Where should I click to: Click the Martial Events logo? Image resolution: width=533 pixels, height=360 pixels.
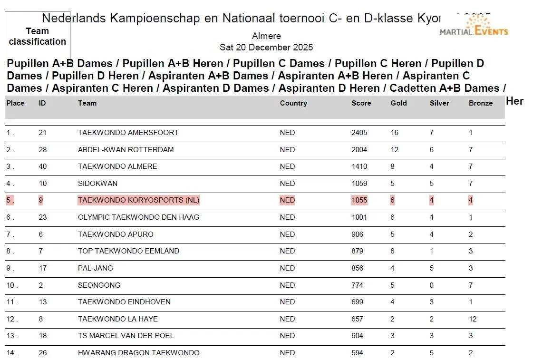[x=474, y=26]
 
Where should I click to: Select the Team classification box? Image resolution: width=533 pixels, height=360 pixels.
[x=38, y=37]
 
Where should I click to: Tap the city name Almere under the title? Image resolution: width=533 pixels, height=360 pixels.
[x=266, y=36]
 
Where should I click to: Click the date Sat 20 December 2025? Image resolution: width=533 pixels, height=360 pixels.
[x=266, y=48]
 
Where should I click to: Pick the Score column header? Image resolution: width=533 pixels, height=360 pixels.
[x=361, y=103]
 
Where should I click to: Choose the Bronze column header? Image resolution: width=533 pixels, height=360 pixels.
[x=481, y=103]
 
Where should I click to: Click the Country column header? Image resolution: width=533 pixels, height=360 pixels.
[x=293, y=103]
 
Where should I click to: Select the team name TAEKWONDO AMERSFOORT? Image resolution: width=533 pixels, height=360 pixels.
[x=128, y=133]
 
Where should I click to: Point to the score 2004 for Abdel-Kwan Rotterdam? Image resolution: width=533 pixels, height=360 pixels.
[x=359, y=150]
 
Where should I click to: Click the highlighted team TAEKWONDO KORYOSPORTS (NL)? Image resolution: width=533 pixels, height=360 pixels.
[x=138, y=200]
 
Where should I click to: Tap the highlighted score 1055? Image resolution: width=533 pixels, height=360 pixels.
[x=359, y=200]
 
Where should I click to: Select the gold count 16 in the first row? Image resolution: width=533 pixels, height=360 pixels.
[x=394, y=133]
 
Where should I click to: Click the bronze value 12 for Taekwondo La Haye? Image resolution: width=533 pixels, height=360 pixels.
[x=472, y=319]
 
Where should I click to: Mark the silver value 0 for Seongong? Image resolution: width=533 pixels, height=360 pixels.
[x=431, y=285]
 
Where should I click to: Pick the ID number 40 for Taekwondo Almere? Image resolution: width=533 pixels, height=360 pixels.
[x=42, y=166]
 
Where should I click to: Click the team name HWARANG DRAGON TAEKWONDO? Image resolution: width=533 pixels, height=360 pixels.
[x=138, y=353]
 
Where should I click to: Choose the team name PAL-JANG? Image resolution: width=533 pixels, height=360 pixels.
[x=96, y=268]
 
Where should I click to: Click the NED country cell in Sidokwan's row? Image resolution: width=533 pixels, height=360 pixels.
[x=287, y=184]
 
